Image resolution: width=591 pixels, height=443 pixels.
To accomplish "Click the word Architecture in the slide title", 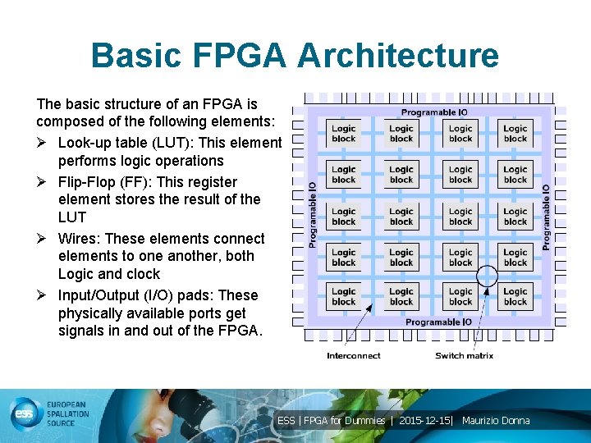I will (398, 56).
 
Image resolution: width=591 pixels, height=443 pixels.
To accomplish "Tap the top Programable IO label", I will (433, 112).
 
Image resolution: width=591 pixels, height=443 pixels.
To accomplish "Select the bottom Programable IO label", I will (438, 322).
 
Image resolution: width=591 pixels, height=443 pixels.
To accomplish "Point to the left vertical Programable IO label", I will (313, 215).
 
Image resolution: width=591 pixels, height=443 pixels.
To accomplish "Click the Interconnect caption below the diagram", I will (354, 355).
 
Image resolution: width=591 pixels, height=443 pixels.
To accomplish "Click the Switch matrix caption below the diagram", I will (464, 355).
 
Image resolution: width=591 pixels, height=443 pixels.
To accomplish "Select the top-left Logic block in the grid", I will (344, 134).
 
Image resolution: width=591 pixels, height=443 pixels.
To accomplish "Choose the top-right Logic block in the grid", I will (515, 134).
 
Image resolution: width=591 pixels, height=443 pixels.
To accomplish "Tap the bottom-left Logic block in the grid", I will (344, 296).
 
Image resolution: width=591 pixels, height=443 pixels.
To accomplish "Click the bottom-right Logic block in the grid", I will (515, 296).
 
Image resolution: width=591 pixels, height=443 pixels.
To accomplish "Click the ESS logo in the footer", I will (26, 414).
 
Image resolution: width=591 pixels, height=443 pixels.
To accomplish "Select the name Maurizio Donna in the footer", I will (496, 421).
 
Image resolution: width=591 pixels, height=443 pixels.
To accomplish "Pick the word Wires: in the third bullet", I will (79, 239).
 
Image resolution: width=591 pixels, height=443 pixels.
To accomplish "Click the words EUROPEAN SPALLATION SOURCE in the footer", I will (71, 414).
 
